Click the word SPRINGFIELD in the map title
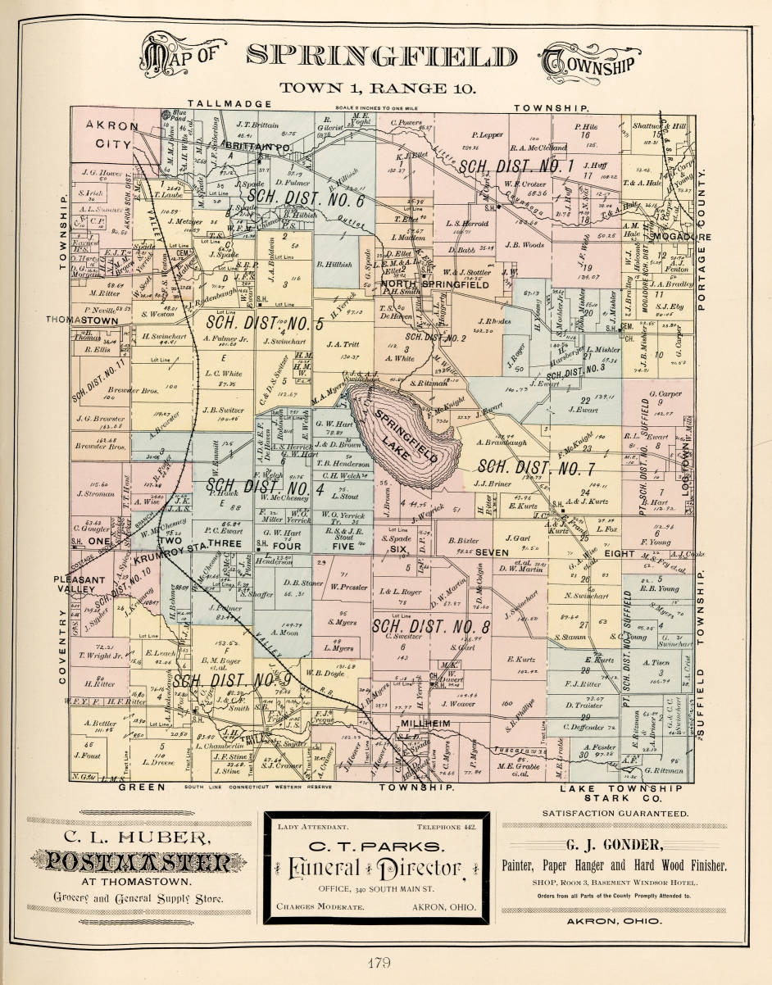point(382,56)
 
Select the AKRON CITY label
point(109,134)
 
